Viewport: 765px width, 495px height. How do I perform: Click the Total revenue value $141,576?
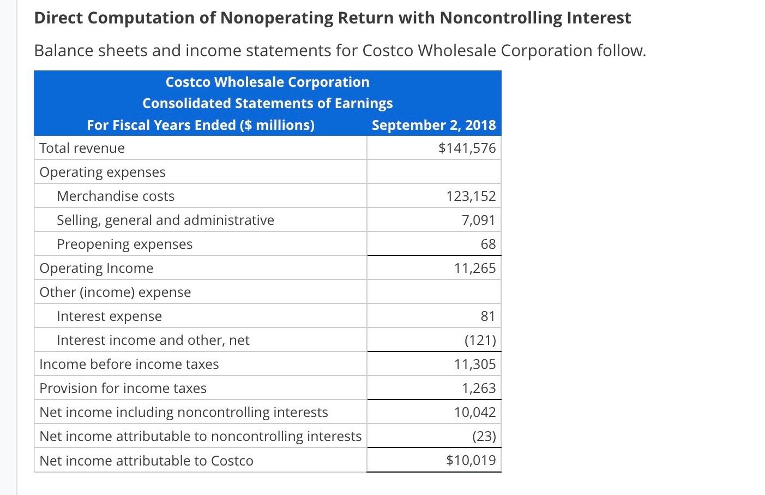(x=467, y=148)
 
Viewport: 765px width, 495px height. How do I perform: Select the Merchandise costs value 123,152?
(x=471, y=196)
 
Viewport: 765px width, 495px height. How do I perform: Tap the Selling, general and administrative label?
(x=165, y=220)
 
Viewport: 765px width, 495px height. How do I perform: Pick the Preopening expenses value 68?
(x=488, y=244)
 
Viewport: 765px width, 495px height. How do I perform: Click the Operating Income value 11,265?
(x=474, y=268)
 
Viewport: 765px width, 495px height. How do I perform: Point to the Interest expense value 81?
(x=487, y=316)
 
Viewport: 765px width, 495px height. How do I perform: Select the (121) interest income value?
(x=480, y=340)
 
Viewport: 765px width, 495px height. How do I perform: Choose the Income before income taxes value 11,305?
(x=474, y=364)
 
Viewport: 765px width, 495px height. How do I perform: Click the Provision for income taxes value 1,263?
(x=478, y=388)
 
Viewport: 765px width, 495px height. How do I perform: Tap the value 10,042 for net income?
(x=474, y=412)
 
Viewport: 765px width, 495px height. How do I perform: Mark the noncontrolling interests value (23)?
(x=484, y=436)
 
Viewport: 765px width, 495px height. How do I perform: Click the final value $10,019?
(x=471, y=460)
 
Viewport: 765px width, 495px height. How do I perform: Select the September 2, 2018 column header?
(x=433, y=125)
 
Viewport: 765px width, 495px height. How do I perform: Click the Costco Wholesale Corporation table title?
(x=267, y=82)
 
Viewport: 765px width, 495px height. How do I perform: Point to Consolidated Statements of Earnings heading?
(x=267, y=103)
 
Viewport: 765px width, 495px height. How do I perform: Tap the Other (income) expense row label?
(x=115, y=292)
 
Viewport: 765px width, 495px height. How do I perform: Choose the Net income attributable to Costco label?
(x=146, y=461)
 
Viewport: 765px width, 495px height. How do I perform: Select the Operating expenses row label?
(x=103, y=172)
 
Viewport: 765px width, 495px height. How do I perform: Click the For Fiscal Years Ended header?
(x=201, y=125)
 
